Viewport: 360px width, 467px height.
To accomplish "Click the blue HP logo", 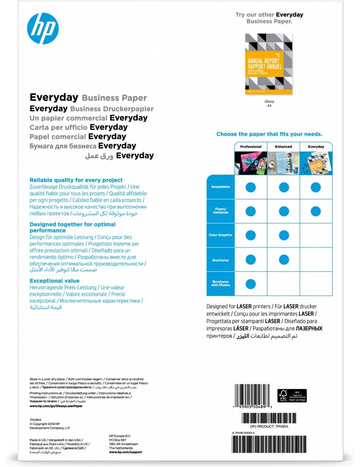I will pyautogui.click(x=43, y=28).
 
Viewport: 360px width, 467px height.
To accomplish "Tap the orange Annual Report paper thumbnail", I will pyautogui.click(x=269, y=64).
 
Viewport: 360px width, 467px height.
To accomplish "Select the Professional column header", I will pyautogui.click(x=251, y=147).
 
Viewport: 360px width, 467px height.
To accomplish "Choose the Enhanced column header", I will pyautogui.click(x=283, y=147).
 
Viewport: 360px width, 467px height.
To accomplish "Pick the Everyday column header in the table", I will pyautogui.click(x=316, y=147).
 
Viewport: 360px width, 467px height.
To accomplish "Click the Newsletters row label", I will pyautogui.click(x=220, y=187).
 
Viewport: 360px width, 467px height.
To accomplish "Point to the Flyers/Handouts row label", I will pyautogui.click(x=220, y=211).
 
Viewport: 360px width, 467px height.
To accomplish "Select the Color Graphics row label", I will pyautogui.click(x=220, y=235).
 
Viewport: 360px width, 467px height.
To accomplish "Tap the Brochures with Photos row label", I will pyautogui.click(x=220, y=283).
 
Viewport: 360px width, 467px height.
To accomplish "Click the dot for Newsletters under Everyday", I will pyautogui.click(x=316, y=187).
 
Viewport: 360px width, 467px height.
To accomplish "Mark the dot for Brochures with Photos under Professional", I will pyautogui.click(x=251, y=283).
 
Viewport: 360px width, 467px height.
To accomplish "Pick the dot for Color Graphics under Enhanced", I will pyautogui.click(x=283, y=235).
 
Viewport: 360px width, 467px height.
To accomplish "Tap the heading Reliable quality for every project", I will pyautogui.click(x=76, y=180).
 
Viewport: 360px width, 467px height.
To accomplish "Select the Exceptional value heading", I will pyautogui.click(x=55, y=281).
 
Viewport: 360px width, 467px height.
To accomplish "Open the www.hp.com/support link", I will pyautogui.click(x=125, y=452).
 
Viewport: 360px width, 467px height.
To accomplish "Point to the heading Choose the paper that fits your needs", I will pyautogui.click(x=269, y=134).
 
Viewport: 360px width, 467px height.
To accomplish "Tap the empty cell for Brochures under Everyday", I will pyautogui.click(x=316, y=259).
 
